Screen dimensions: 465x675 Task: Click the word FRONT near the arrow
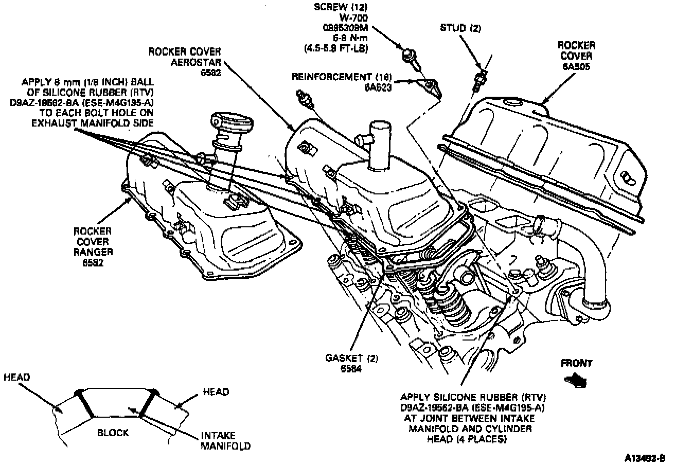click(576, 363)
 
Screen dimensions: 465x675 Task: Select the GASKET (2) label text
click(351, 359)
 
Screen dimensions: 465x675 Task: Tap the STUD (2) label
click(460, 29)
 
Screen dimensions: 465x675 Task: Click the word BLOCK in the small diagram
click(113, 433)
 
